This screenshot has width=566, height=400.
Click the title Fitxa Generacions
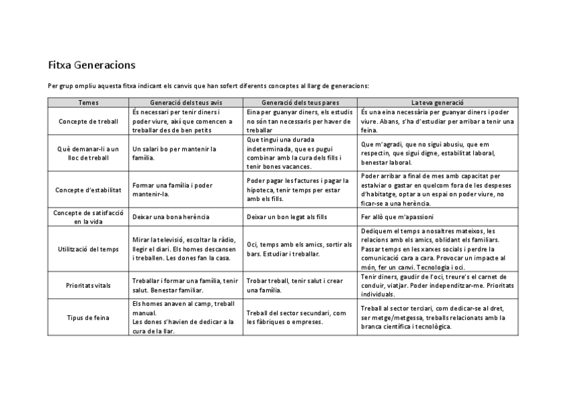pyautogui.click(x=91, y=65)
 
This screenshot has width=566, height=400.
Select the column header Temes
pyautogui.click(x=88, y=103)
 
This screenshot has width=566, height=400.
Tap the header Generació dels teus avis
pyautogui.click(x=186, y=103)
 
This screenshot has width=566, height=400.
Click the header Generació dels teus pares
pyautogui.click(x=300, y=103)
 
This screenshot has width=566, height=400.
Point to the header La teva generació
pyautogui.click(x=437, y=103)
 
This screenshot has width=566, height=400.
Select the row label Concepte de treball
pyautogui.click(x=88, y=122)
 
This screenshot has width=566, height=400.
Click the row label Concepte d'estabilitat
pyautogui.click(x=88, y=190)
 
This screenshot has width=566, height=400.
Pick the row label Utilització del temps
pyautogui.click(x=88, y=249)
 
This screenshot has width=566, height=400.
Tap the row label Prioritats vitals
pyautogui.click(x=88, y=286)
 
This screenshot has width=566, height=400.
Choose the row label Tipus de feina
pyautogui.click(x=88, y=318)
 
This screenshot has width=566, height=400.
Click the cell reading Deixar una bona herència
pyautogui.click(x=171, y=217)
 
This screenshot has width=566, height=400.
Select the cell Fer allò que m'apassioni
pyautogui.click(x=398, y=217)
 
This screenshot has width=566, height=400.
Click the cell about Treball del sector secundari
pyautogui.click(x=296, y=318)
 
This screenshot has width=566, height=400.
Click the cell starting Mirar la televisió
pyautogui.click(x=184, y=249)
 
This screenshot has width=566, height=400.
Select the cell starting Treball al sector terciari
pyautogui.click(x=433, y=318)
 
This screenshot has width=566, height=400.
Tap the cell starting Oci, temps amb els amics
pyautogui.click(x=299, y=249)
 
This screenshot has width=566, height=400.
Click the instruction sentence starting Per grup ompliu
pyautogui.click(x=208, y=85)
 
